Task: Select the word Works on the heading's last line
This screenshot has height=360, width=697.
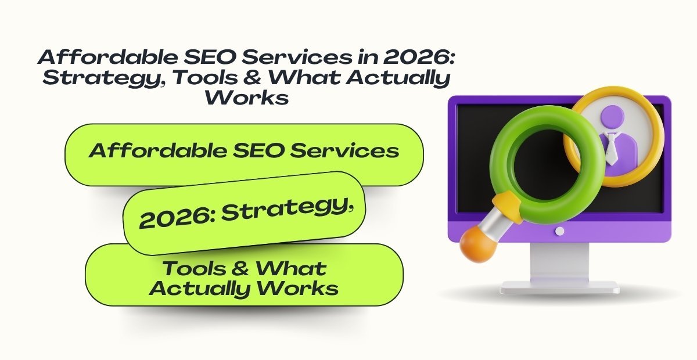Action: (x=247, y=97)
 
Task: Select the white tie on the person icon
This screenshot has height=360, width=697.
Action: (x=610, y=145)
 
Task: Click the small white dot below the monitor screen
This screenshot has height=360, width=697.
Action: (x=559, y=231)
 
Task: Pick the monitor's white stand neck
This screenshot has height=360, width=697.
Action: (x=559, y=261)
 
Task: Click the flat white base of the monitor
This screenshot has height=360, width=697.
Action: (x=559, y=286)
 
